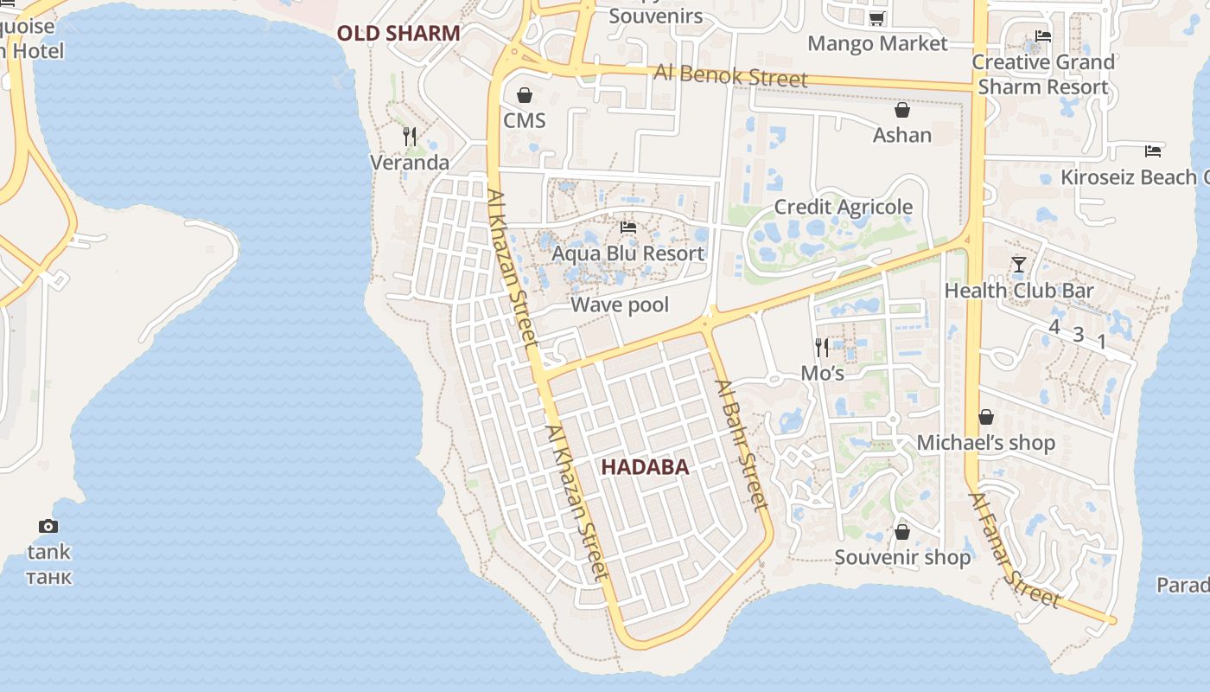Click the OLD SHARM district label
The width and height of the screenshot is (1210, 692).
pyautogui.click(x=398, y=34)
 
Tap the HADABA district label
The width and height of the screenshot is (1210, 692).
pyautogui.click(x=645, y=467)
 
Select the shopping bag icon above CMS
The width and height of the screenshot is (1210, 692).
pyautogui.click(x=525, y=95)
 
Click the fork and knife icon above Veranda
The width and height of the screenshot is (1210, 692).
pyautogui.click(x=410, y=136)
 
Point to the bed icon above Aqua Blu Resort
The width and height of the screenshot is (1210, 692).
pyautogui.click(x=628, y=227)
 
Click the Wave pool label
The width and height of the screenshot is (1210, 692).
pyautogui.click(x=620, y=304)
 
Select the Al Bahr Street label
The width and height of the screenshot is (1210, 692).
pyautogui.click(x=742, y=445)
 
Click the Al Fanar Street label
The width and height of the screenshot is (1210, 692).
pyautogui.click(x=1014, y=550)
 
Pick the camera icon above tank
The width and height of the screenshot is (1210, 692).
pyautogui.click(x=48, y=526)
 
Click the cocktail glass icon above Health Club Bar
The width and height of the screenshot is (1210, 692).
pyautogui.click(x=1018, y=265)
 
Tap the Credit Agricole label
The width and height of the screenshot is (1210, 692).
pyautogui.click(x=843, y=207)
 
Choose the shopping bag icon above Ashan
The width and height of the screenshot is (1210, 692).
pyautogui.click(x=902, y=110)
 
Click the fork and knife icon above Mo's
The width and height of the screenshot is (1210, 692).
pyautogui.click(x=822, y=347)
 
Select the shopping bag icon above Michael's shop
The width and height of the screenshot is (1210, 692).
pyautogui.click(x=986, y=417)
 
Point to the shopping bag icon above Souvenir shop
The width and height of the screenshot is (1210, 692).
pyautogui.click(x=902, y=531)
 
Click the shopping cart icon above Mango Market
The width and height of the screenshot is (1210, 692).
pyautogui.click(x=876, y=18)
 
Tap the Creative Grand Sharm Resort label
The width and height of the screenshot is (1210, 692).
pyautogui.click(x=1043, y=74)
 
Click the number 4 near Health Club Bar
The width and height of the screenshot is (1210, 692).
pyautogui.click(x=1054, y=327)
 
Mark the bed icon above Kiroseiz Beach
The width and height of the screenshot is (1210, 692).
pyautogui.click(x=1153, y=151)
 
